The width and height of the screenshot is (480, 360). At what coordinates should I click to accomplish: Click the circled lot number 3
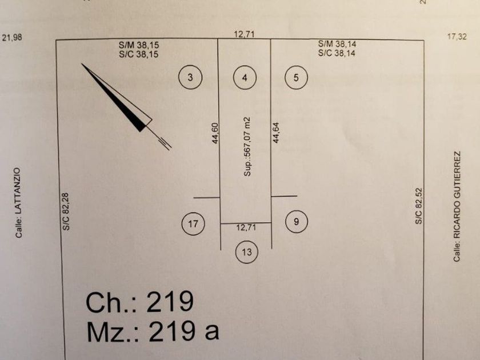click(190, 78)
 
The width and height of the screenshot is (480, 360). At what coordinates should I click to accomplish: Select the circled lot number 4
click(245, 78)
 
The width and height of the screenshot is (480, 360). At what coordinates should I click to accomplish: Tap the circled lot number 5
click(296, 78)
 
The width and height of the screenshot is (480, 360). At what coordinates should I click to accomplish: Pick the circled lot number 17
click(193, 223)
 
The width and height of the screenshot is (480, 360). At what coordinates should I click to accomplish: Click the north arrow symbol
click(123, 103)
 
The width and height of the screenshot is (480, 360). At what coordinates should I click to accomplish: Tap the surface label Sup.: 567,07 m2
click(247, 146)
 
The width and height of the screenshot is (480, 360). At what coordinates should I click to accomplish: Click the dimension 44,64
click(277, 133)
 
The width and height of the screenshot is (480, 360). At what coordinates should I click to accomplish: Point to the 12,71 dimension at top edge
click(244, 34)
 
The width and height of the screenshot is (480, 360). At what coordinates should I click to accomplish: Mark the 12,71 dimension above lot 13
click(246, 227)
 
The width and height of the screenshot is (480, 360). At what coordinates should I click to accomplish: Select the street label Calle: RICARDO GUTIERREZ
click(457, 206)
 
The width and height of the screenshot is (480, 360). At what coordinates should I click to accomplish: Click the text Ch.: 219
click(140, 302)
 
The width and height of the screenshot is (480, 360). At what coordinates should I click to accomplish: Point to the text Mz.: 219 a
click(153, 331)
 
